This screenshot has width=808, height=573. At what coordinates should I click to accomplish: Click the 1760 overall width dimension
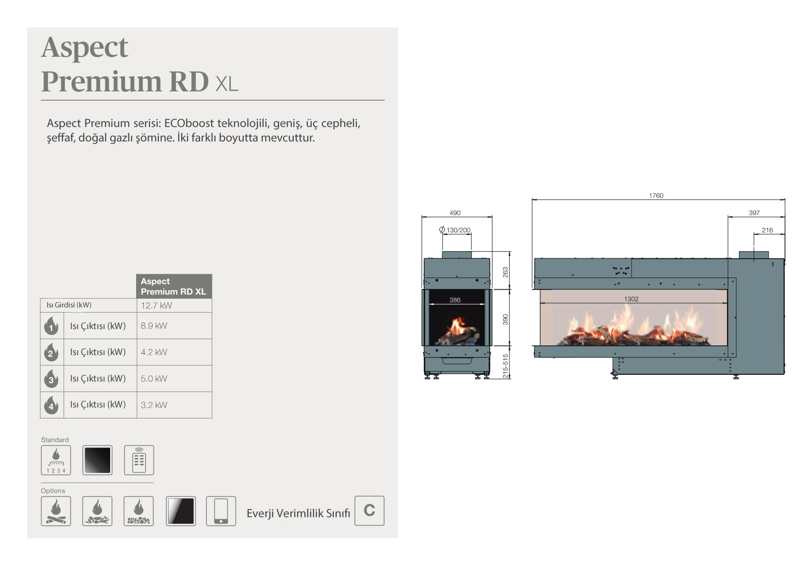[656, 195]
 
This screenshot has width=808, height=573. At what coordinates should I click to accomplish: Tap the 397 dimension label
[754, 213]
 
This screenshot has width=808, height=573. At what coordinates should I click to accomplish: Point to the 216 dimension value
[767, 230]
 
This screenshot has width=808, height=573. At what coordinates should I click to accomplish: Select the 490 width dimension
[455, 213]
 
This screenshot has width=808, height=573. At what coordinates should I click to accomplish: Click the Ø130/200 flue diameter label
[455, 230]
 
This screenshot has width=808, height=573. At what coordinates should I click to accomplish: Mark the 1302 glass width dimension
[631, 299]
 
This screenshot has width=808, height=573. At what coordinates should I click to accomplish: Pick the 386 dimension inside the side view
[455, 300]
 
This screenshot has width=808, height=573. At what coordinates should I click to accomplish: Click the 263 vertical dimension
[505, 272]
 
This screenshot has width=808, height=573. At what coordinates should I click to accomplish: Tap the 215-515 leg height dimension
[505, 366]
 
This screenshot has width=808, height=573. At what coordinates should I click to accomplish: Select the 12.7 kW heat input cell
[156, 306]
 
